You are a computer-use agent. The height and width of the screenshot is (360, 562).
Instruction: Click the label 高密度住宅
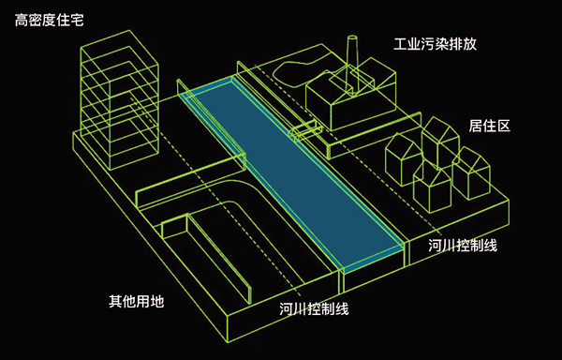click(x=50, y=18)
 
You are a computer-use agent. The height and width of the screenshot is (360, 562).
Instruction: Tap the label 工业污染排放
click(x=435, y=44)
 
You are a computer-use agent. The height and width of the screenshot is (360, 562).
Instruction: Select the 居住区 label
click(x=489, y=125)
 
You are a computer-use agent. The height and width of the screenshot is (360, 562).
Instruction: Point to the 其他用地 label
click(x=136, y=302)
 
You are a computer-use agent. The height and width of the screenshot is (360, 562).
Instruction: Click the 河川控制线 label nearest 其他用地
click(x=313, y=309)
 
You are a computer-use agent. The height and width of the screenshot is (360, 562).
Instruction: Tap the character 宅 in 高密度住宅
click(x=78, y=18)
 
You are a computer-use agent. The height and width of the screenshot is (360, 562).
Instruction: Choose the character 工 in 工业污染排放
click(x=400, y=44)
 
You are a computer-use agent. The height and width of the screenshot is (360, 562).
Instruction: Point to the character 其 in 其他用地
click(x=115, y=302)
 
